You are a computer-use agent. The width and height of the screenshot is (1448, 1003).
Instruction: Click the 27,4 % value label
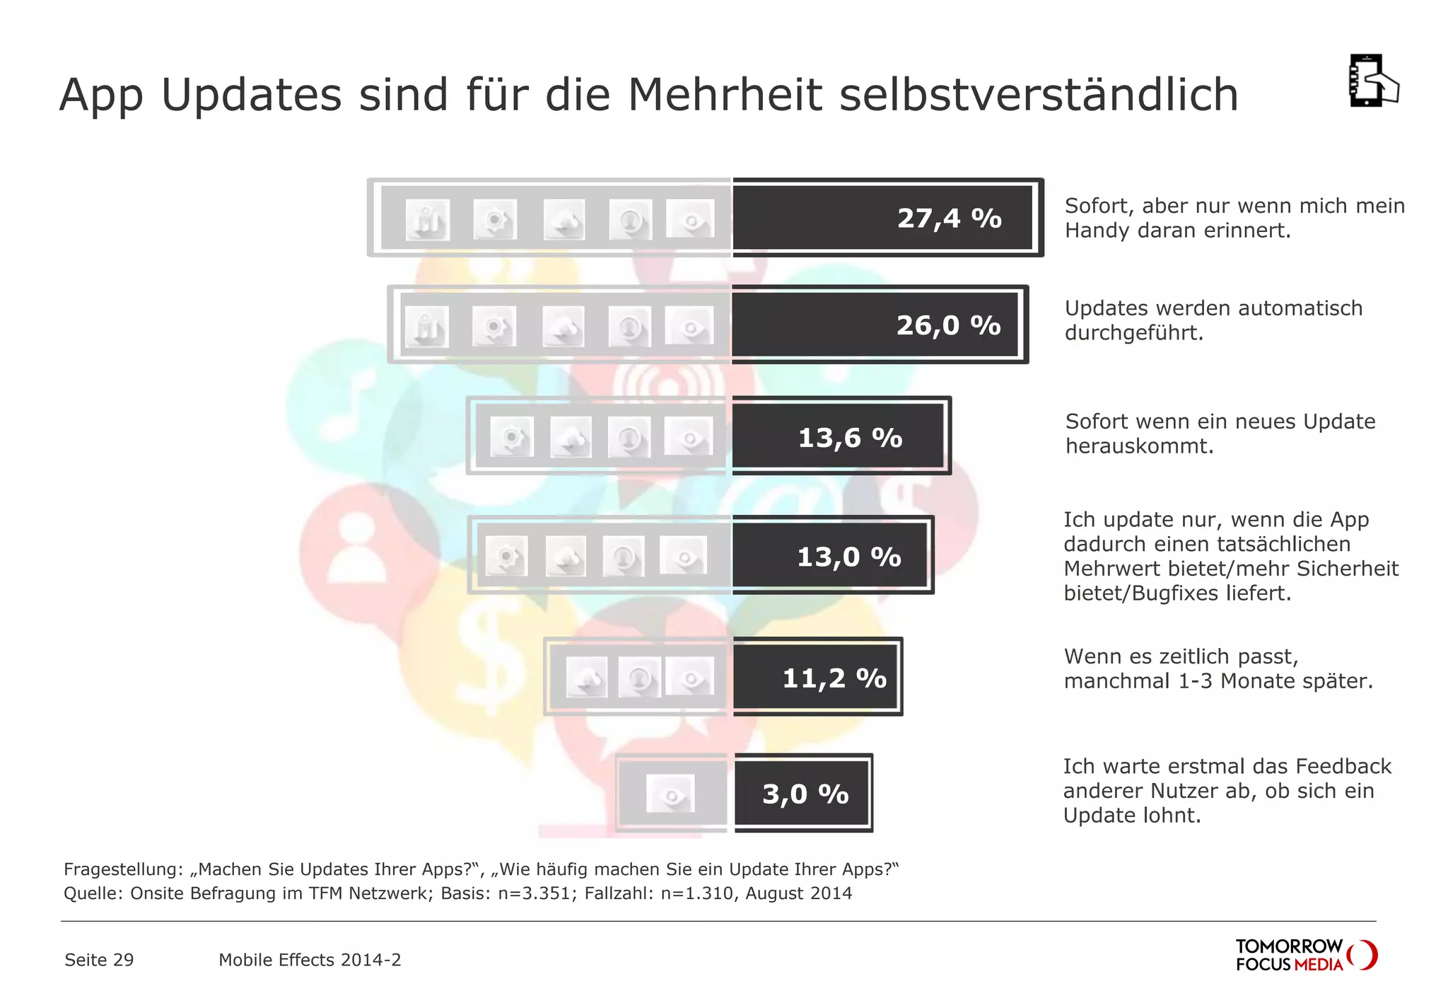coord(949,219)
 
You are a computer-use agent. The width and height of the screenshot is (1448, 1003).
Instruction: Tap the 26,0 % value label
coord(948,326)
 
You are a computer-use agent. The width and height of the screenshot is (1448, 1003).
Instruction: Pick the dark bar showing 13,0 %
coord(831,556)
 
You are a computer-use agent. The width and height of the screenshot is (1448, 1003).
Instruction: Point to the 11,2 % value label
coord(834,679)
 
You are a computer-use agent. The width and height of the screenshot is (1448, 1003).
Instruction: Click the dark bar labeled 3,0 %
coord(802,794)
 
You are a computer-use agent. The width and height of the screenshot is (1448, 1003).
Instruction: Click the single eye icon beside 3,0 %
coord(670,794)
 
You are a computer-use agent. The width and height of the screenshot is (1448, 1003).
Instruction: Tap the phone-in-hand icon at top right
coord(1373,81)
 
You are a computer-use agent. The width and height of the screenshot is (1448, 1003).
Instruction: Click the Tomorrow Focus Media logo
coord(1305,955)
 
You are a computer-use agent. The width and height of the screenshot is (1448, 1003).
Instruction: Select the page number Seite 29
coord(99,960)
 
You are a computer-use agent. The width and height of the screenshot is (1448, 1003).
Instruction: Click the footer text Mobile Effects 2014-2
coord(310,960)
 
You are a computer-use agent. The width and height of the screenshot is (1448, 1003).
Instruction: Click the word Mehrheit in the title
coord(725,95)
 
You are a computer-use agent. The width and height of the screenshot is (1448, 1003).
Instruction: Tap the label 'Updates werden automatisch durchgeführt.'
coord(1213,320)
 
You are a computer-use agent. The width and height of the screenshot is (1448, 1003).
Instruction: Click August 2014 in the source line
coord(798,893)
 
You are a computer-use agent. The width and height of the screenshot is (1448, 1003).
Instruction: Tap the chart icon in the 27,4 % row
coord(427,220)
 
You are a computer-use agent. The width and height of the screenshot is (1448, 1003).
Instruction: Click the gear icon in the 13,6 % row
coord(512,437)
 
